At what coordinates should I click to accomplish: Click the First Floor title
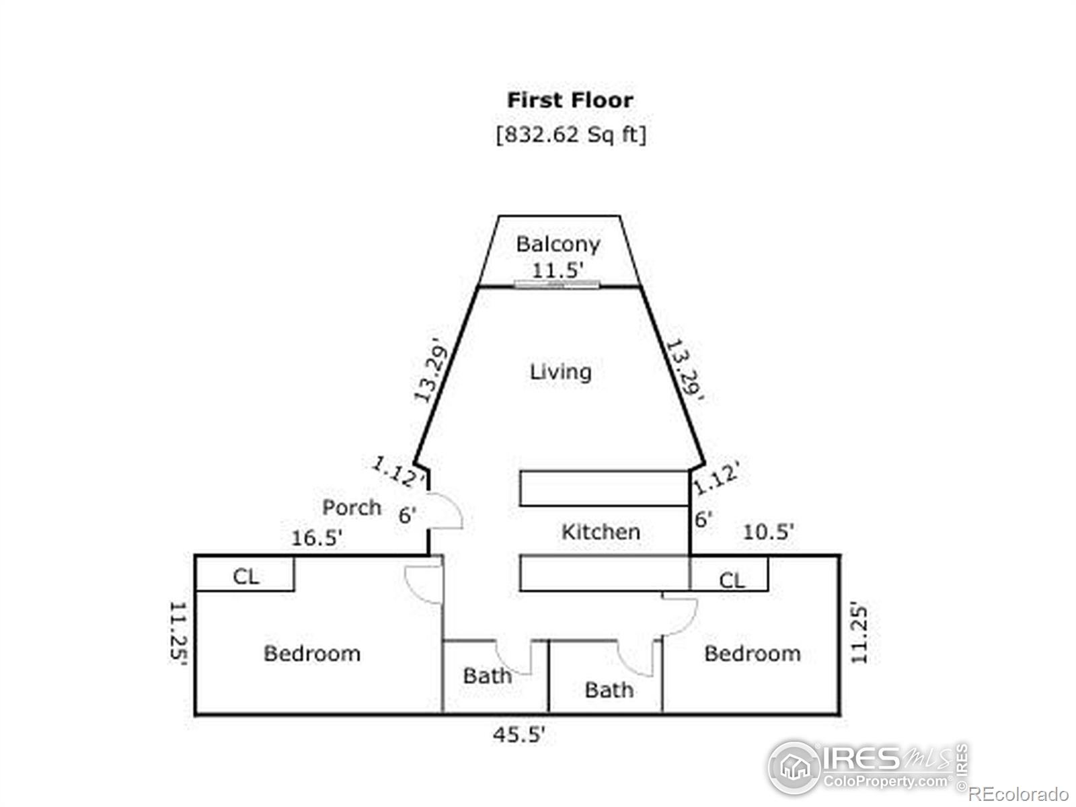570,100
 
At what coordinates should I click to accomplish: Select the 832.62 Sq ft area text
571,134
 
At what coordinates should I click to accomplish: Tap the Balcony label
558,245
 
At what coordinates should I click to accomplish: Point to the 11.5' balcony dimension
558,270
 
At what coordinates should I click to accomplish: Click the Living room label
561,372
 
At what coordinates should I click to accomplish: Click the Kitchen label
601,532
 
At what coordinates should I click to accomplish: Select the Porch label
352,507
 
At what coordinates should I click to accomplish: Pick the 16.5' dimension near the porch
316,538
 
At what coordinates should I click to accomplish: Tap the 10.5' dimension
768,532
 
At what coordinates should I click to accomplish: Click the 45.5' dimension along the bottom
518,734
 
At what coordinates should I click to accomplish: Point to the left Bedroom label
312,653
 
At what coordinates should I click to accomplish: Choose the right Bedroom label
753,653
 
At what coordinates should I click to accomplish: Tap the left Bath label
488,676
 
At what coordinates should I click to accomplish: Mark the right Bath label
609,691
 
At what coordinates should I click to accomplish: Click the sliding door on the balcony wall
557,284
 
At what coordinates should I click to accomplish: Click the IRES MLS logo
868,767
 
